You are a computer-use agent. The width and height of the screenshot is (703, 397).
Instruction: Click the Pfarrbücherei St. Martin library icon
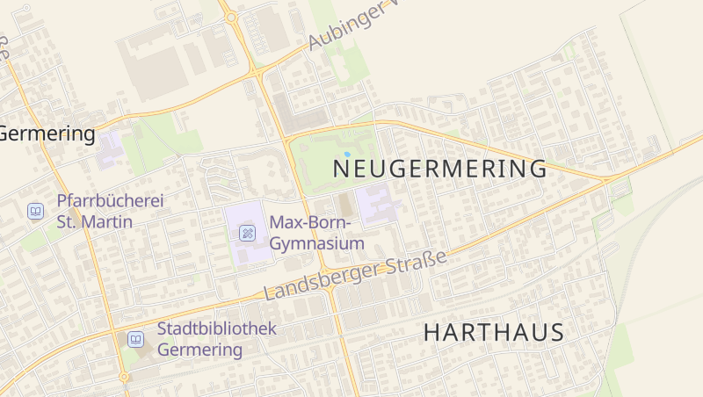point(35,211)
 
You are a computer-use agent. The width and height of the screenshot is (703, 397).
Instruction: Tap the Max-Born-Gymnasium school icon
point(248,233)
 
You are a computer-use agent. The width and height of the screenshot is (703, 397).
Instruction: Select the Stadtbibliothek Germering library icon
point(135,339)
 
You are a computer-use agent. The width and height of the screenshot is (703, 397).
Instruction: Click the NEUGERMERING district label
point(440,168)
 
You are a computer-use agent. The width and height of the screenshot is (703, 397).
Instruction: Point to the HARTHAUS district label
point(493,333)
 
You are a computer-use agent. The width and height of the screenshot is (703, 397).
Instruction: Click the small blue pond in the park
point(347,154)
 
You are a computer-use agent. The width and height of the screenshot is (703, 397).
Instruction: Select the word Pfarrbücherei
point(110,201)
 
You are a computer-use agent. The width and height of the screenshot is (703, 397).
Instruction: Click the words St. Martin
point(94,221)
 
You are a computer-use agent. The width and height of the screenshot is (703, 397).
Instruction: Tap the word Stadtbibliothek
point(216,328)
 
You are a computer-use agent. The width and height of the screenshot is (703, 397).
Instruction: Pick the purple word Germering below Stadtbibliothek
point(199,350)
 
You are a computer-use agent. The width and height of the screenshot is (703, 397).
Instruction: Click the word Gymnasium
point(317,243)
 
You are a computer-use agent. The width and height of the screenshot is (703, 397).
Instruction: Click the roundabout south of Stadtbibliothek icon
point(125,377)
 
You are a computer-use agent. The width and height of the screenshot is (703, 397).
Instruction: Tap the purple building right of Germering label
point(110,148)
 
